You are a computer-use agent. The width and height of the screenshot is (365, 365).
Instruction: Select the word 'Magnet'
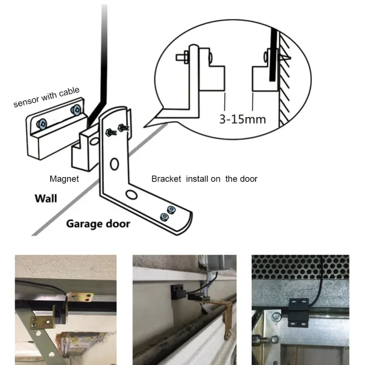[x=64, y=179]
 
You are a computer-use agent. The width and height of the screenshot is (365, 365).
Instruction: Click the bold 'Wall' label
[x=46, y=198]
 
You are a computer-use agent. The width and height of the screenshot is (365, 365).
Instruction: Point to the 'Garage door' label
[x=98, y=224]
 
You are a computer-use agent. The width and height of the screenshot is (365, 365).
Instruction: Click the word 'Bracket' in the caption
[x=166, y=179]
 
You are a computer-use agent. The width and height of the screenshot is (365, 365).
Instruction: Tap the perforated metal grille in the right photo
[x=301, y=267]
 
